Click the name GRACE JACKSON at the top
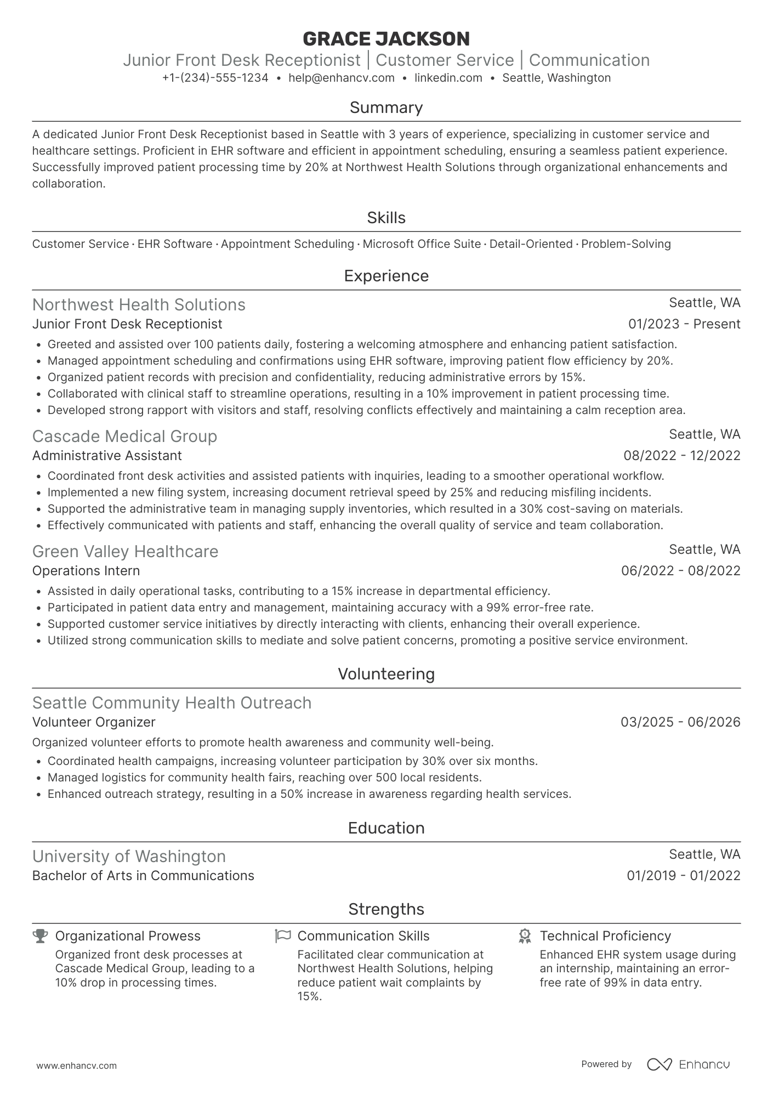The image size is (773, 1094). point(386,39)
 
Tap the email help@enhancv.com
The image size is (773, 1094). point(341,78)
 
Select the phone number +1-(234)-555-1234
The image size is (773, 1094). point(215,78)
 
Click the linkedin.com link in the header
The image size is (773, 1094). point(448,78)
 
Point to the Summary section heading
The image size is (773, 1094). point(386,107)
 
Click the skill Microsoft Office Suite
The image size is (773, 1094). point(422,244)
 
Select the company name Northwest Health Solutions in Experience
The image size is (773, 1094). point(139,305)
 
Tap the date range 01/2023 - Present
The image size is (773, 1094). point(684,324)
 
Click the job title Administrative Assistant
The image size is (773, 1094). point(107,456)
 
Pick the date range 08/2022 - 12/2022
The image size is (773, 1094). point(681,456)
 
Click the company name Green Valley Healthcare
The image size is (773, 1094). point(125,552)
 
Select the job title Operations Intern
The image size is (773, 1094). point(86,571)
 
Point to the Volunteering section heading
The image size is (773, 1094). point(386,674)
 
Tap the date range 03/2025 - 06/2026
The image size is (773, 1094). point(680,722)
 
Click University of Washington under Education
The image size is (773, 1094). point(129,857)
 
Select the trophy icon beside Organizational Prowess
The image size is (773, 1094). point(40,936)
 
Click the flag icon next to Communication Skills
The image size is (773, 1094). point(282,936)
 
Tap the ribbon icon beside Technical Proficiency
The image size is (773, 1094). point(525,936)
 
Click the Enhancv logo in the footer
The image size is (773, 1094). point(689,1064)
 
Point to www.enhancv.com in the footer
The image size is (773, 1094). point(76,1066)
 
